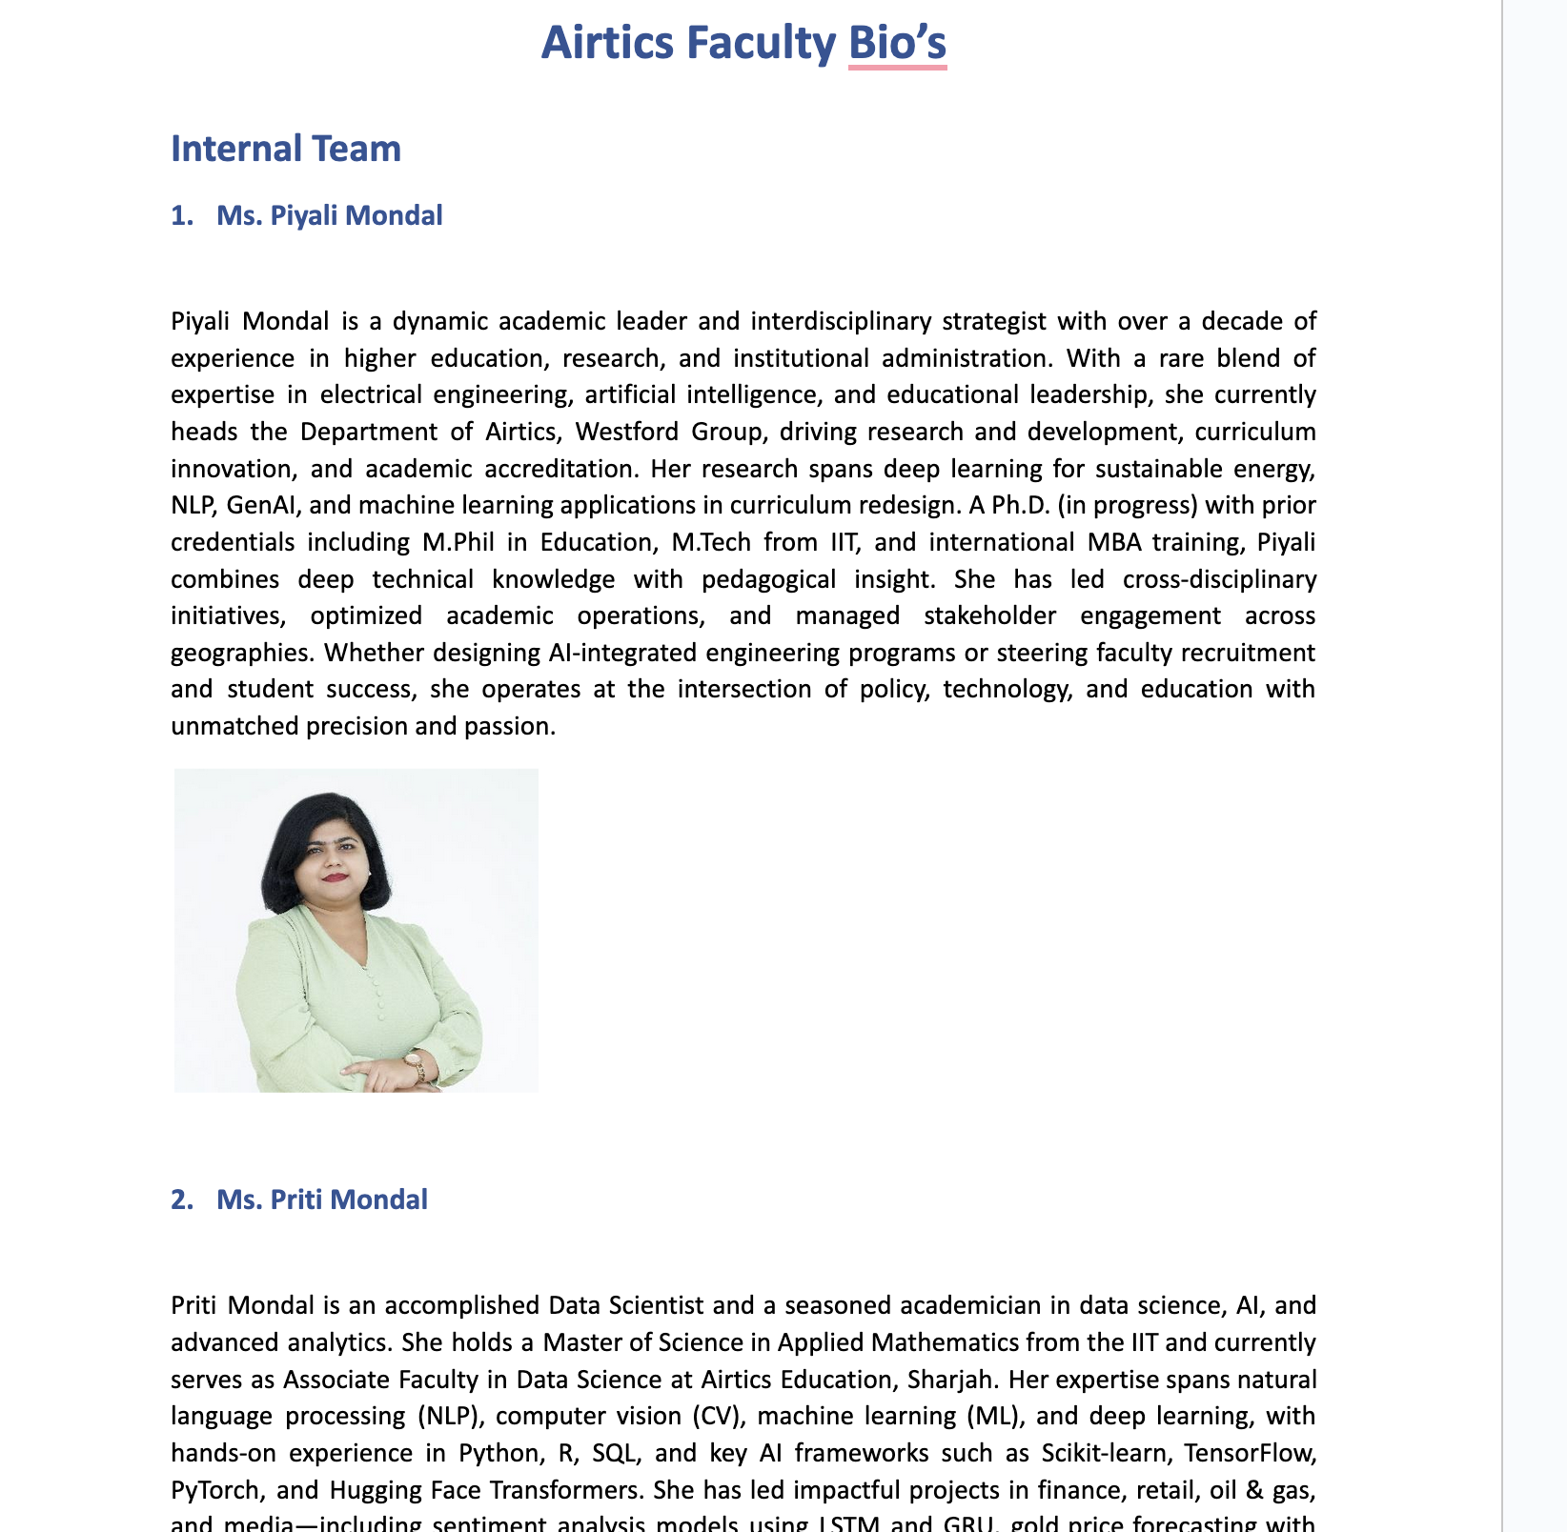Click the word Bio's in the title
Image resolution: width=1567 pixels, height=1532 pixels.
897,44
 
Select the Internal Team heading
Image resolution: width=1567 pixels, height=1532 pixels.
286,150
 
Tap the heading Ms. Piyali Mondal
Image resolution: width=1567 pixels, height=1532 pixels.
329,215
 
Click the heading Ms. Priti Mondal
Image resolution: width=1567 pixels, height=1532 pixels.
321,1199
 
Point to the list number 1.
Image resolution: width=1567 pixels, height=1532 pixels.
181,215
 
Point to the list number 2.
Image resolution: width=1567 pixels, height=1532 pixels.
181,1199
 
